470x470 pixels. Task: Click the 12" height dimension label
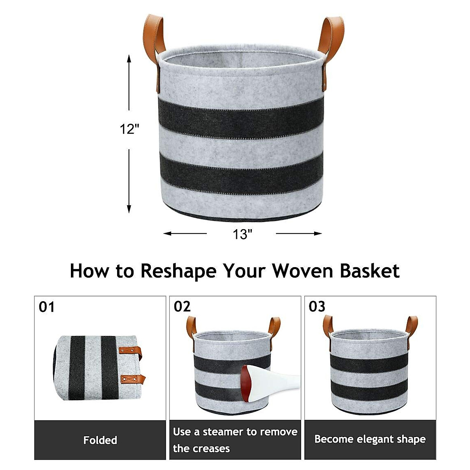point(130,128)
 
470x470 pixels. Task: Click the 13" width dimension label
point(242,235)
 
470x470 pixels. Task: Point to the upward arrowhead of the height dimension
point(129,59)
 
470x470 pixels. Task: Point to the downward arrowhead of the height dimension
point(129,209)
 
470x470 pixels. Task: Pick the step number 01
point(47,307)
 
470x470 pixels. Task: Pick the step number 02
point(182,306)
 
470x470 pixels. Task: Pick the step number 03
point(317,306)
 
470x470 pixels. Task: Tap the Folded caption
point(100,440)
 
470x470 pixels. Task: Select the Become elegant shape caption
point(370,439)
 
